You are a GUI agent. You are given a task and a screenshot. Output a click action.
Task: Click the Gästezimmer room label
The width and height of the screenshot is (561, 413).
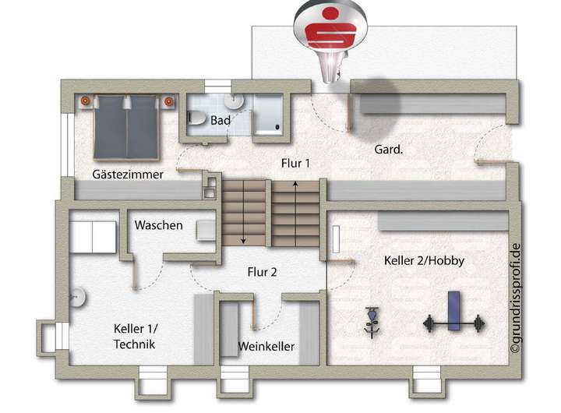click(127, 175)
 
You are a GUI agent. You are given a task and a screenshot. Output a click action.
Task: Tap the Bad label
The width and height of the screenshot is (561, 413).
click(221, 121)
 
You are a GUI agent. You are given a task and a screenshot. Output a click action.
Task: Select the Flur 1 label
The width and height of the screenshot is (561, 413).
click(295, 163)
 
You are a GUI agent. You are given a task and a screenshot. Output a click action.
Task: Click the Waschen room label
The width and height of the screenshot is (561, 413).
click(158, 225)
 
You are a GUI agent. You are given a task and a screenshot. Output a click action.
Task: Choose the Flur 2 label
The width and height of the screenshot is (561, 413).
click(263, 272)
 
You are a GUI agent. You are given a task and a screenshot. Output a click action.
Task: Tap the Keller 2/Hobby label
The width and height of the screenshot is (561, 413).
click(424, 261)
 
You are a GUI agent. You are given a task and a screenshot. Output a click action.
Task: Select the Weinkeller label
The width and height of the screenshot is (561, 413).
click(266, 346)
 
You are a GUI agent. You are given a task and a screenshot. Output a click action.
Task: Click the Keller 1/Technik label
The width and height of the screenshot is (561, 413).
click(134, 337)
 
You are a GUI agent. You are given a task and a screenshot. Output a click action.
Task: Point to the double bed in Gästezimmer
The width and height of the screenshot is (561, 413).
click(126, 126)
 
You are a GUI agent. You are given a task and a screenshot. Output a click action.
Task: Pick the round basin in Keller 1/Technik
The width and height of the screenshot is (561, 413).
click(77, 295)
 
